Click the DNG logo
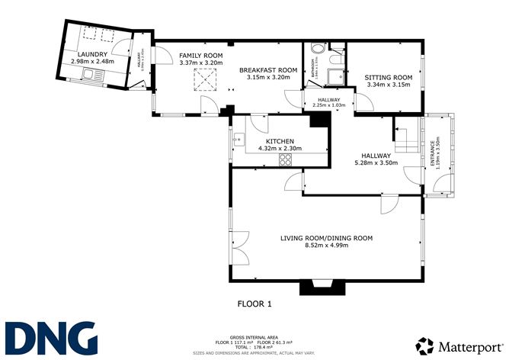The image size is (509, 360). tap(50, 336)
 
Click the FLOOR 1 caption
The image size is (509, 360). tap(254, 304)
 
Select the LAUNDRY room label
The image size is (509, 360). tap(90, 53)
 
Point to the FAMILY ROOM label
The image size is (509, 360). tap(200, 56)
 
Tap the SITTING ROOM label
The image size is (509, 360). tap(388, 77)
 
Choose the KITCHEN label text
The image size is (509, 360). tap(280, 140)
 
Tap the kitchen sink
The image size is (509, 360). tap(238, 140)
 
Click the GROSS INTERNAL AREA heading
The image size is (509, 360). tap(254, 336)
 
